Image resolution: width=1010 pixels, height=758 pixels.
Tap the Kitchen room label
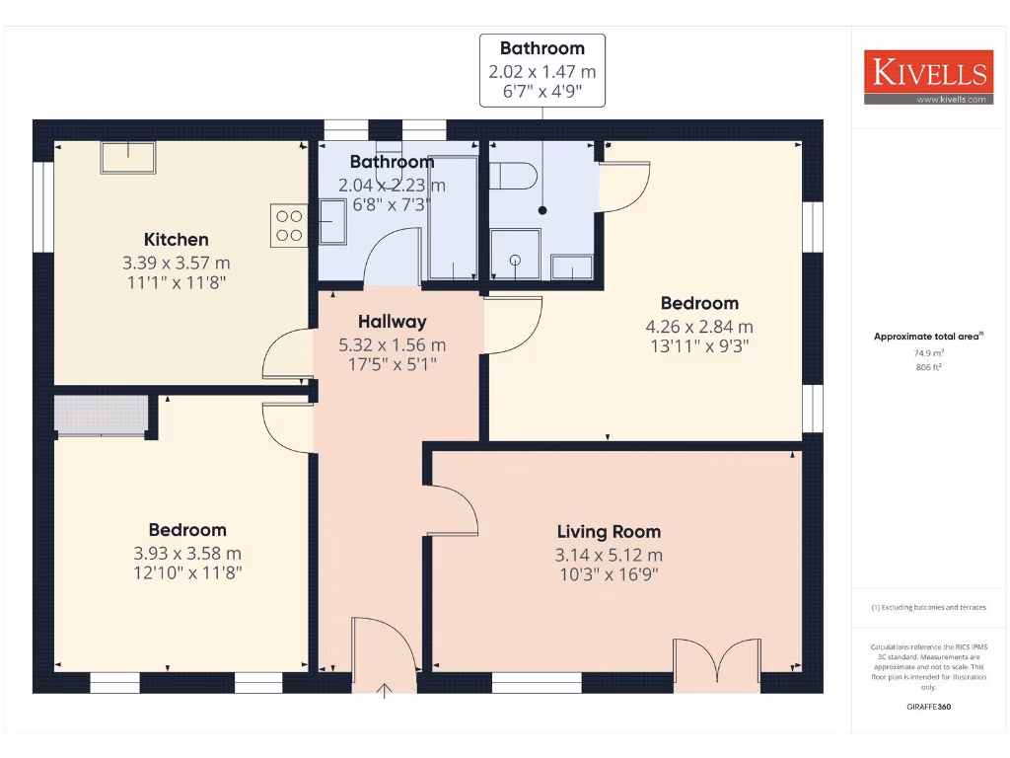pos(177,239)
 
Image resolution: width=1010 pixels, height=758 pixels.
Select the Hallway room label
pos(392,321)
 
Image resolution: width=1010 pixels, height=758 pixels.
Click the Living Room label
pos(609,531)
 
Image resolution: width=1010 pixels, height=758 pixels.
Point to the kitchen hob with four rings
pos(288,225)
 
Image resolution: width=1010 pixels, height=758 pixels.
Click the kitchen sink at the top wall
pos(127,157)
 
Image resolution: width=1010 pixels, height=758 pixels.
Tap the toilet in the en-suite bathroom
pos(513,177)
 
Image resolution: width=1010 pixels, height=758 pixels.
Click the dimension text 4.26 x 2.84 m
pos(699,327)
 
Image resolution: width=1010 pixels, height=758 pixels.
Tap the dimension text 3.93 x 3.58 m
pos(187,554)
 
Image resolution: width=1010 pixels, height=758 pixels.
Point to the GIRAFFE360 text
pos(928,707)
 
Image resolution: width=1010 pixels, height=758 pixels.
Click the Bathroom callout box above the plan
pos(541,70)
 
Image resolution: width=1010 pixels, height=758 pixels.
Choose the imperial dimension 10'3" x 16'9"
pos(609,572)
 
